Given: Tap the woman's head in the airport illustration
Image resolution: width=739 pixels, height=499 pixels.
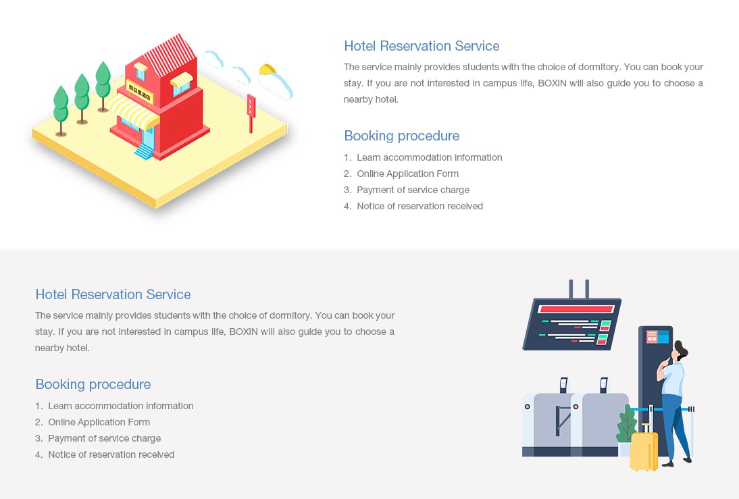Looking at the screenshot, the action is [x=679, y=351].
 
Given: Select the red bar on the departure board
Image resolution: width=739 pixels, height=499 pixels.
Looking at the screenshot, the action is [x=576, y=309].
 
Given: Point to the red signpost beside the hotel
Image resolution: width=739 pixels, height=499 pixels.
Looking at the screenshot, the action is [x=251, y=113].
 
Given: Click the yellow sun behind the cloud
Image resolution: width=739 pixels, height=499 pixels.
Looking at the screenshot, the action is [x=267, y=70].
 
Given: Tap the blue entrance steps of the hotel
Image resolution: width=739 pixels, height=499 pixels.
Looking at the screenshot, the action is [x=144, y=151].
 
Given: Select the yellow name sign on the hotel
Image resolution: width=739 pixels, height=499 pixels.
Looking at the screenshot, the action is [x=140, y=92].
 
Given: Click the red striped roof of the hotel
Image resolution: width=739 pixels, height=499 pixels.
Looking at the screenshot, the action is [x=170, y=55].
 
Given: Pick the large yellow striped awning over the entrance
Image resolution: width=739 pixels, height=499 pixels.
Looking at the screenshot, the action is [x=133, y=111].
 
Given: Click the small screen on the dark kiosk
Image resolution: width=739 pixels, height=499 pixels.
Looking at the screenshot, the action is [x=657, y=336].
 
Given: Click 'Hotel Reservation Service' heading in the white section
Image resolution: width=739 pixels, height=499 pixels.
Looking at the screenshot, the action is [x=422, y=46].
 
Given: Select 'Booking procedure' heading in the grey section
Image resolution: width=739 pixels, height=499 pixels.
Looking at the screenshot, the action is [x=93, y=384].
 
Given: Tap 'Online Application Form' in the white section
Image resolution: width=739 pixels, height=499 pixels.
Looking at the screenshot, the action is [x=407, y=174].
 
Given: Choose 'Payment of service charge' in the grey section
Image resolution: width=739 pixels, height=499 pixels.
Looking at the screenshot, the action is [x=104, y=438].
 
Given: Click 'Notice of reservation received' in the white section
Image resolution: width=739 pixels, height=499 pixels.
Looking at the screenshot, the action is [x=419, y=206].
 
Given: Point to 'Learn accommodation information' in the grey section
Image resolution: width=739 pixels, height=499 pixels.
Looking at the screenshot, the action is [x=121, y=406].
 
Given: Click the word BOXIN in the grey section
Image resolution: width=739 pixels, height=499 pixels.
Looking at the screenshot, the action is [x=243, y=332].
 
